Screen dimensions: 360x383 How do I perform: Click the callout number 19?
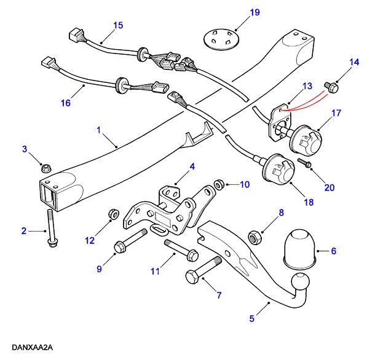tap(237, 12)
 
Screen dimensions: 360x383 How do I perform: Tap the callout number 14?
tap(353, 62)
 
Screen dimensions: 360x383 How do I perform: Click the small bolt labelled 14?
tap(333, 87)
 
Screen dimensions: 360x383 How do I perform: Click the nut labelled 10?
tap(218, 184)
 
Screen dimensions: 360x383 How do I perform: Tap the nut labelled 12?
tap(112, 214)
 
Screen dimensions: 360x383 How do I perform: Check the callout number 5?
tap(251, 318)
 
